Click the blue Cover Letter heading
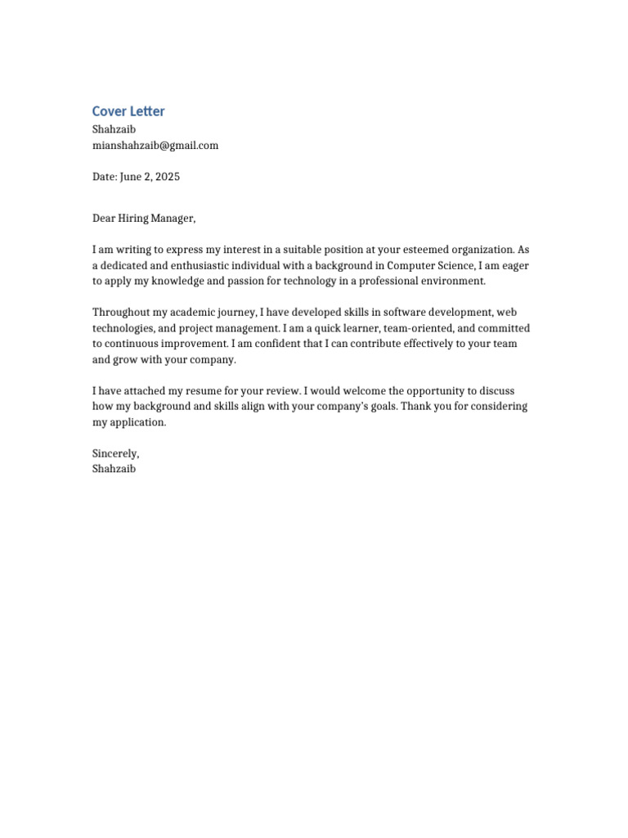[x=128, y=111]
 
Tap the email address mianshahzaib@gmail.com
[x=155, y=146]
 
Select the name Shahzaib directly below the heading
[x=114, y=129]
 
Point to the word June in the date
[x=131, y=177]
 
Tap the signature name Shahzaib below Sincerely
[x=114, y=469]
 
